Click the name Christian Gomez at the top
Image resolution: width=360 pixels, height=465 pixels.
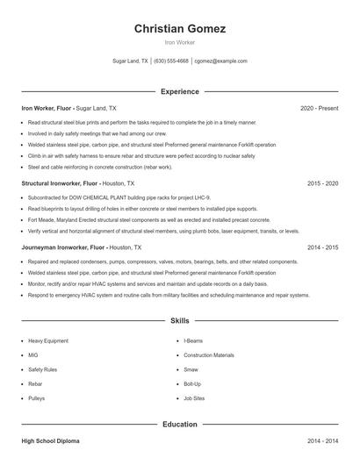[180, 29]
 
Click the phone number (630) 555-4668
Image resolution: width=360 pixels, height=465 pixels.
[171, 61]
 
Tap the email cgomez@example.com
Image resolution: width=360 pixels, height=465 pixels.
[221, 61]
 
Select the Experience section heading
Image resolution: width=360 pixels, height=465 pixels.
[180, 91]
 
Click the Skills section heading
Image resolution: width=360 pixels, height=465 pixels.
[180, 322]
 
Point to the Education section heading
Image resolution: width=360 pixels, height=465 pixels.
[180, 424]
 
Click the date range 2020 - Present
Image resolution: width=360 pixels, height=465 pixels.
[319, 108]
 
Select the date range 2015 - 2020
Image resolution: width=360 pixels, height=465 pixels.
[322, 183]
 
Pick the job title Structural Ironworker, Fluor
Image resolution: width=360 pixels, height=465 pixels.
[58, 183]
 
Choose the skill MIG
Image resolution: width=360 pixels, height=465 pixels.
[32, 354]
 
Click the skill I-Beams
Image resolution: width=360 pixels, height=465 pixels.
[194, 340]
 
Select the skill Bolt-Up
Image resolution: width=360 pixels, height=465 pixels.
[192, 383]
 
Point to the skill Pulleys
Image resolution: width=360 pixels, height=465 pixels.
[36, 397]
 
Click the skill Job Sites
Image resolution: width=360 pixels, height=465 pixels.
[194, 397]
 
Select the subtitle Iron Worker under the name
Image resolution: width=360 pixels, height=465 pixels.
[180, 42]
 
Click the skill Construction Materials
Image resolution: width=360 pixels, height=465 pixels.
[209, 354]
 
